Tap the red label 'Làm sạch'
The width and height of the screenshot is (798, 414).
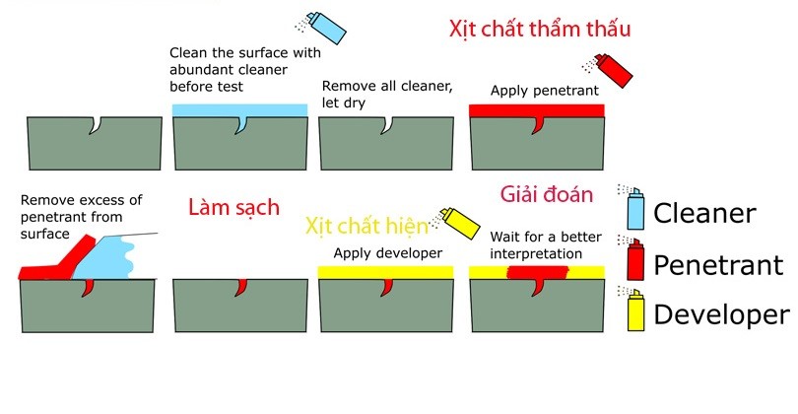point(233,208)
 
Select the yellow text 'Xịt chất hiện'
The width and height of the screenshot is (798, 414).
point(366,226)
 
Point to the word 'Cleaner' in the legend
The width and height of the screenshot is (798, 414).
point(704,213)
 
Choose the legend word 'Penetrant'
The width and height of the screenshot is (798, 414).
point(719,264)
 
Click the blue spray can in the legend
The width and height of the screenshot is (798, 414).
point(633,209)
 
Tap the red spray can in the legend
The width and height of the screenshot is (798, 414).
point(633,260)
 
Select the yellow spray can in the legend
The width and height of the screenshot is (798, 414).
point(633,311)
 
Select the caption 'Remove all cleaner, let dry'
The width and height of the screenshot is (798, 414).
point(387,95)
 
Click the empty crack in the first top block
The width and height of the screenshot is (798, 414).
point(94,126)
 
